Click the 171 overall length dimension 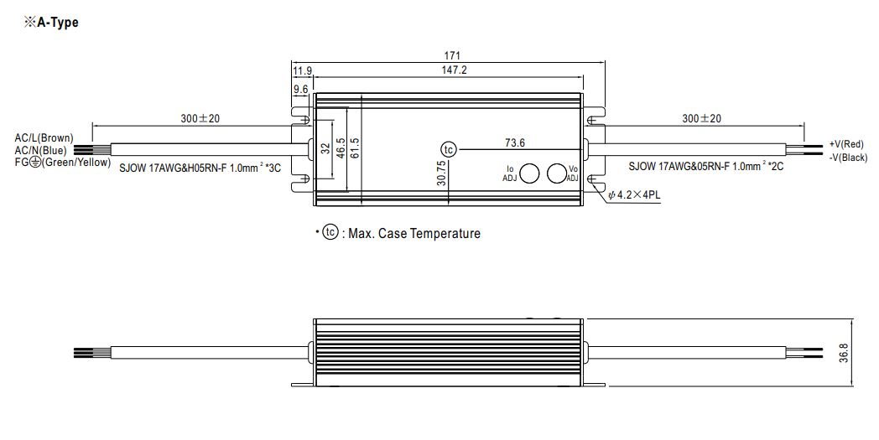tap(452, 55)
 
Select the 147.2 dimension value tap(455, 70)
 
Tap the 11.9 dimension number tap(302, 70)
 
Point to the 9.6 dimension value tap(300, 89)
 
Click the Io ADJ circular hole tap(529, 173)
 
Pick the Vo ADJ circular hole tap(556, 173)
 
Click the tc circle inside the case tap(449, 150)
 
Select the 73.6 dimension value tap(515, 143)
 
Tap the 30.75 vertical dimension tap(441, 173)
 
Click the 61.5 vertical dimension tap(355, 148)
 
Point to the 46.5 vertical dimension tap(341, 148)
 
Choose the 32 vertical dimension tap(325, 148)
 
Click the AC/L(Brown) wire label tap(44, 138)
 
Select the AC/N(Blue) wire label tap(40, 150)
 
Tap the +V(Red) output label tap(846, 145)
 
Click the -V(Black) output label tap(848, 158)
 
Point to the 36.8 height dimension tap(845, 353)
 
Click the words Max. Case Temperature tap(414, 233)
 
